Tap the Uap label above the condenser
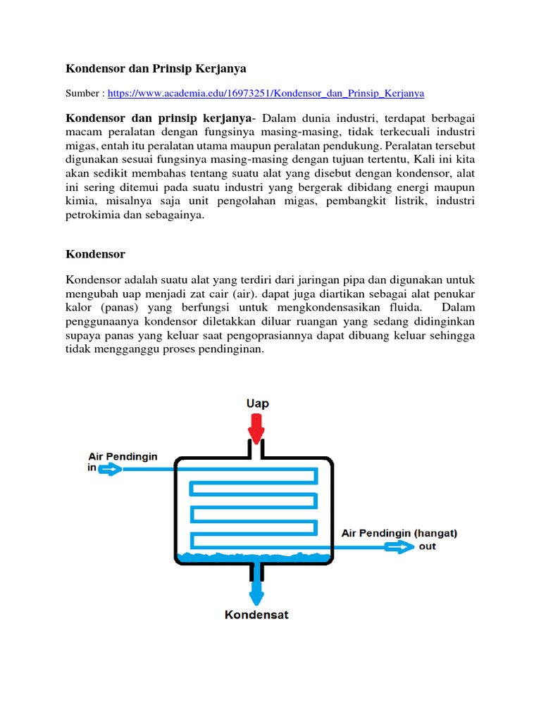256,403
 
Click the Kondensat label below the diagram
256,615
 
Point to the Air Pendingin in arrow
110,470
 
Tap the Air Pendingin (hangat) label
399,533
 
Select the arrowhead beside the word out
403,546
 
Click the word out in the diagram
427,546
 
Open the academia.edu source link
266,93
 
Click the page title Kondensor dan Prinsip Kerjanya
156,68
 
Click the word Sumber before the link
83,93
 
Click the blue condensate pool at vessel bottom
254,557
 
